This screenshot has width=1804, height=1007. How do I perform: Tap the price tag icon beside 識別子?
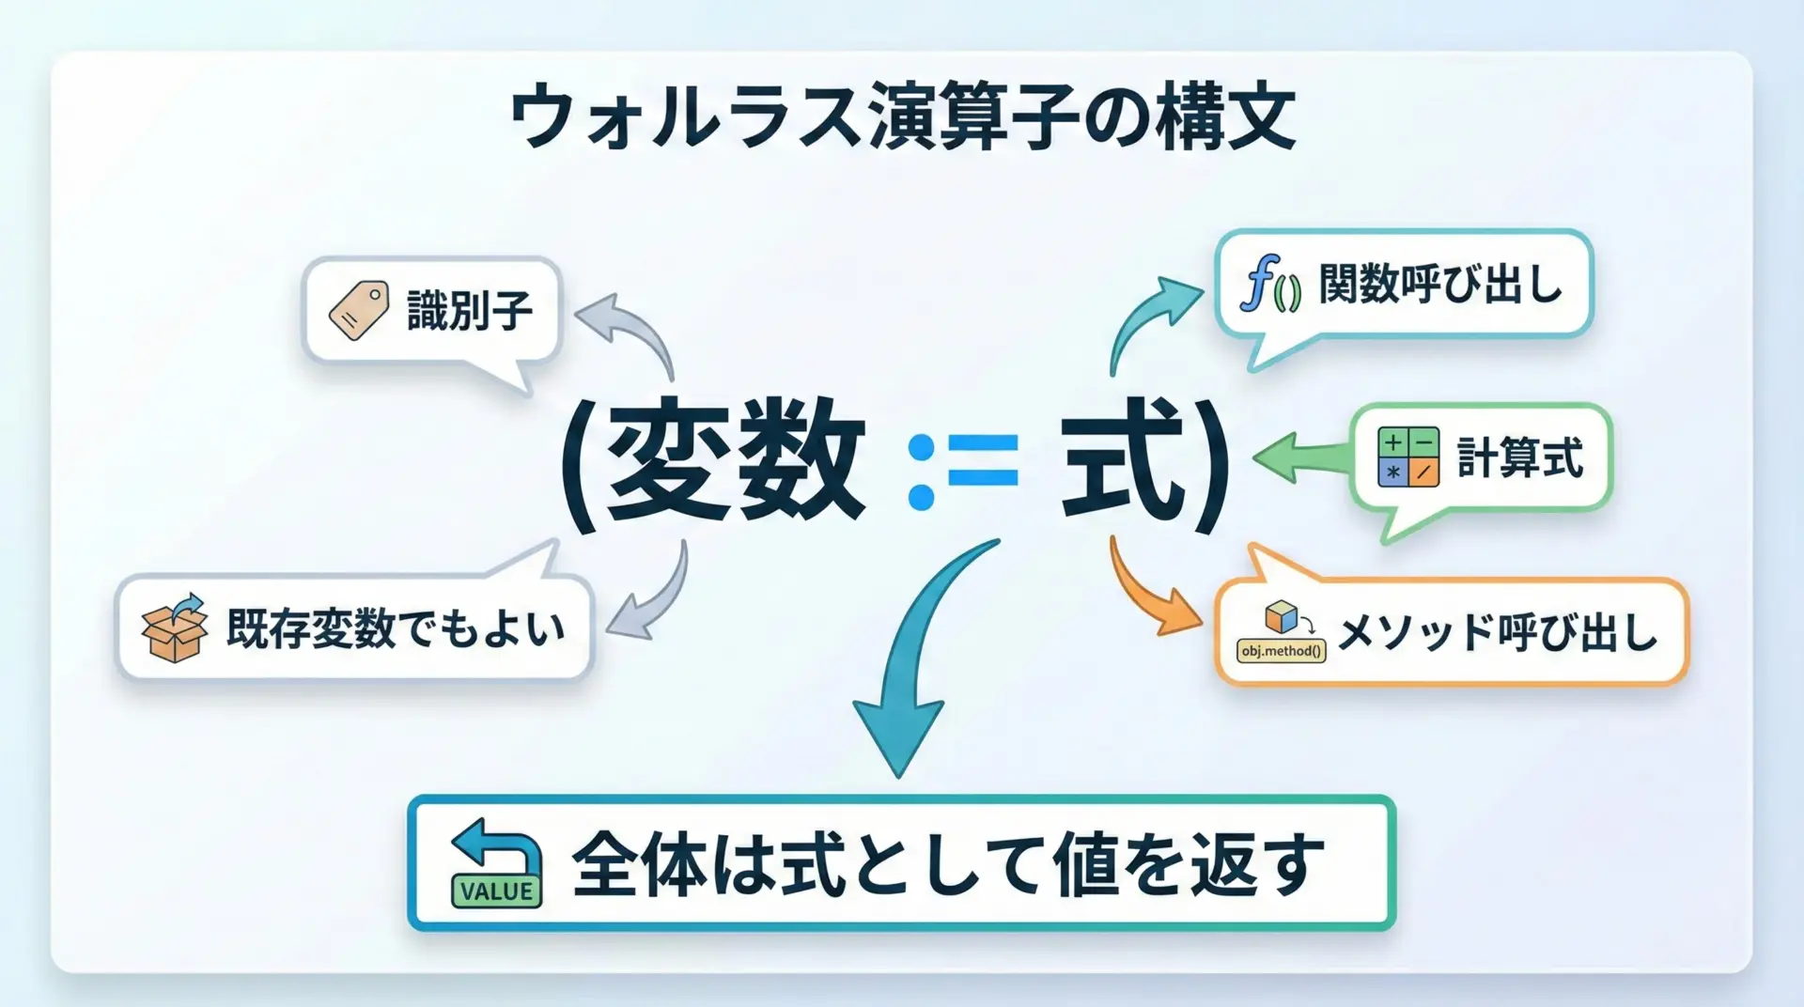pyautogui.click(x=358, y=310)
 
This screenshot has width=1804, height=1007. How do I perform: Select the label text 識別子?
pyautogui.click(x=470, y=310)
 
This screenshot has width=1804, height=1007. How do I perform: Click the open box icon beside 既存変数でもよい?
pyautogui.click(x=174, y=627)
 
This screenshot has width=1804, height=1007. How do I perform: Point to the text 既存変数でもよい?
pyautogui.click(x=396, y=628)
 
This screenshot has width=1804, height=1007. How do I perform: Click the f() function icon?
pyautogui.click(x=1269, y=283)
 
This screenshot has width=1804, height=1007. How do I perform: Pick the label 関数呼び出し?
pyautogui.click(x=1440, y=284)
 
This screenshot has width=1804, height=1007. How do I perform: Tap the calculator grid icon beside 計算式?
pyautogui.click(x=1407, y=457)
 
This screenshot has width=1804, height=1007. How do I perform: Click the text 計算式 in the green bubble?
pyautogui.click(x=1519, y=458)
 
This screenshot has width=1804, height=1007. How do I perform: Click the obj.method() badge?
pyautogui.click(x=1282, y=650)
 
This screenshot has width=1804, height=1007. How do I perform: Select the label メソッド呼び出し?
pyautogui.click(x=1497, y=632)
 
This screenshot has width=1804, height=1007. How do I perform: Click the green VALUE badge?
pyautogui.click(x=497, y=890)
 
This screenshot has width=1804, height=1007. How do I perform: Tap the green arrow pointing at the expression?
pyautogui.click(x=1301, y=457)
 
